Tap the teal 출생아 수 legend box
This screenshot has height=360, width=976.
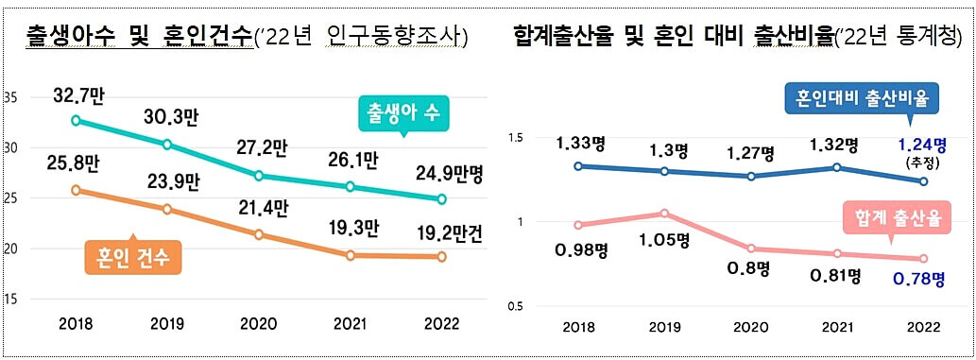click(403, 112)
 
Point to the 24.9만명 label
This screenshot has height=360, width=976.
click(445, 173)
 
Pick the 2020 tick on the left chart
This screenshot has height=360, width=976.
click(259, 323)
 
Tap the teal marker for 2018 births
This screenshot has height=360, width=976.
click(76, 120)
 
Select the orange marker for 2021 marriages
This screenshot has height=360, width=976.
click(351, 255)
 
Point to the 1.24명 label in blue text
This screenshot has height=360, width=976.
click(918, 145)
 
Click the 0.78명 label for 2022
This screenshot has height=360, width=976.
click(918, 280)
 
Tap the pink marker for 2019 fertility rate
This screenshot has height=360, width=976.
click(664, 214)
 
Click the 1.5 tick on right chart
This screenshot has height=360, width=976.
click(516, 139)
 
